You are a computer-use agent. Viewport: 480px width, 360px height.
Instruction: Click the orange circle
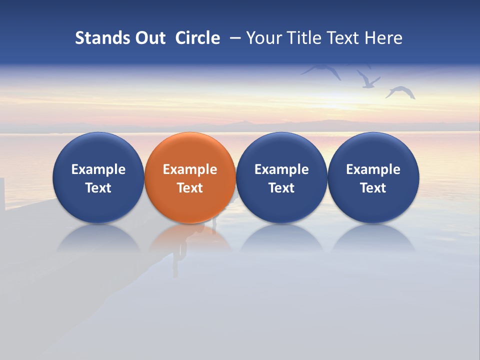pos(190,177)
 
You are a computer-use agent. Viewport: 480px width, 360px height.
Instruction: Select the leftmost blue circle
pos(98,177)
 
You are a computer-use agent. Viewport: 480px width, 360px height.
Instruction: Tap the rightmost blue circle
pos(373,177)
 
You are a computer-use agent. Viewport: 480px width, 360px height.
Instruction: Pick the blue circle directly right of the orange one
pos(281,177)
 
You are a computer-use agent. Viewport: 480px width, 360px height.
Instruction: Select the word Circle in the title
pos(197,38)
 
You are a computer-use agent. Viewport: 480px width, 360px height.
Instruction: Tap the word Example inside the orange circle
pos(190,169)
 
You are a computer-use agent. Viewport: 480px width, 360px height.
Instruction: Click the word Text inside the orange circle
pos(190,188)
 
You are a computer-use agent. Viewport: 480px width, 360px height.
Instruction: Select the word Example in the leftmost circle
pos(98,169)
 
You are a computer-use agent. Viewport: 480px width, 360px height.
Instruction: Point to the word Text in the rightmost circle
pos(373,188)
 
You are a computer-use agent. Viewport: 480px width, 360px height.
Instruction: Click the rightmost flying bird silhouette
pos(401,92)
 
